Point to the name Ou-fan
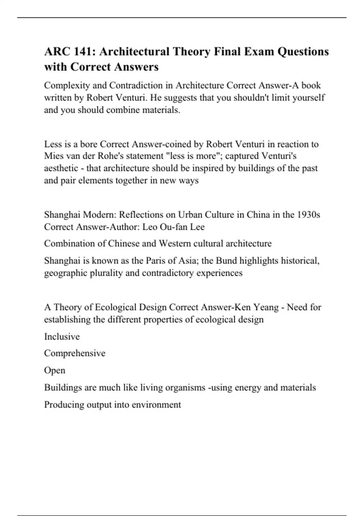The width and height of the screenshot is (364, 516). (x=173, y=227)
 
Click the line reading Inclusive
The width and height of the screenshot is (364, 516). (x=62, y=337)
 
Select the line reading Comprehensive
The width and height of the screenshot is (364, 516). (x=75, y=353)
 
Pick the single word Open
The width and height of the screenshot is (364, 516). (x=55, y=371)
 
